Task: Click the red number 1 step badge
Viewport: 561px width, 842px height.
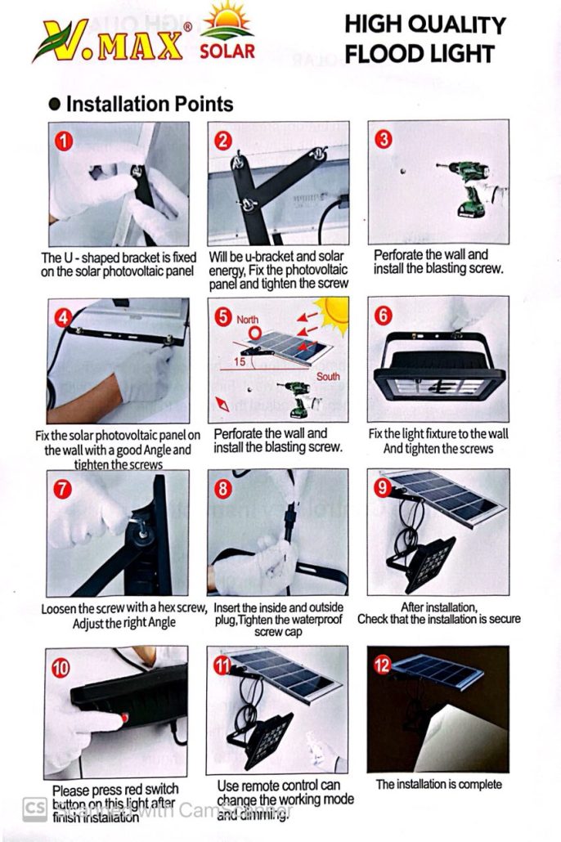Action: pyautogui.click(x=64, y=141)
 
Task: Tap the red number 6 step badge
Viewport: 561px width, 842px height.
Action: pyautogui.click(x=384, y=316)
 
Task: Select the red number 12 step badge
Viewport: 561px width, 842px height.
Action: pyautogui.click(x=382, y=665)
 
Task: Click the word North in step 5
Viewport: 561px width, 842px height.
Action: pyautogui.click(x=247, y=320)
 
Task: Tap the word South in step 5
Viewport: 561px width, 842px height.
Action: pyautogui.click(x=328, y=376)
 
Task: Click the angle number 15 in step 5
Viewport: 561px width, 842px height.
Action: pyautogui.click(x=240, y=362)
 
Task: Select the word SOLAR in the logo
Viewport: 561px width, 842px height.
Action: pyautogui.click(x=227, y=52)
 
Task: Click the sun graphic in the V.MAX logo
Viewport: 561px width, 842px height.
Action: pyautogui.click(x=228, y=21)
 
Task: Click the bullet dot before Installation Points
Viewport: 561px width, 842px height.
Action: pyautogui.click(x=54, y=104)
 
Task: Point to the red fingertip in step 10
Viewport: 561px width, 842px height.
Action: pyautogui.click(x=124, y=718)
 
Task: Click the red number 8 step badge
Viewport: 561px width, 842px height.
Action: pyautogui.click(x=223, y=489)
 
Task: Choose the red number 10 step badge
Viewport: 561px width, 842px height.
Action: pyautogui.click(x=61, y=668)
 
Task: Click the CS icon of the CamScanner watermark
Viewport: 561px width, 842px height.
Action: pyautogui.click(x=35, y=810)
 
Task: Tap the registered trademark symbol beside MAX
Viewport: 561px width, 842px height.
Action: pyautogui.click(x=187, y=26)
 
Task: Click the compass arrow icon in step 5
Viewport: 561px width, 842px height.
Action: pyautogui.click(x=222, y=404)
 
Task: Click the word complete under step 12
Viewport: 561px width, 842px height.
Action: pyautogui.click(x=477, y=785)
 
